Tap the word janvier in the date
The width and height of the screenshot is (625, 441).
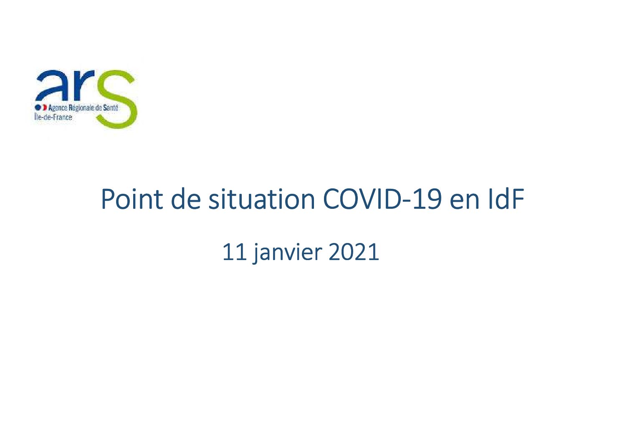287,253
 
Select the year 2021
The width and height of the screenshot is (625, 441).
354,252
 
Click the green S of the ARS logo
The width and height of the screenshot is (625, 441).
116,99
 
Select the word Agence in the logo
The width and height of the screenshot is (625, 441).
58,108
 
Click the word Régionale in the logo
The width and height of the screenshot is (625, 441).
81,108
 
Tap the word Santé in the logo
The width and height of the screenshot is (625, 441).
111,107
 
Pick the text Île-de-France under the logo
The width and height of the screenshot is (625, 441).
53,117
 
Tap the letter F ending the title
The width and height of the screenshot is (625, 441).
518,199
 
